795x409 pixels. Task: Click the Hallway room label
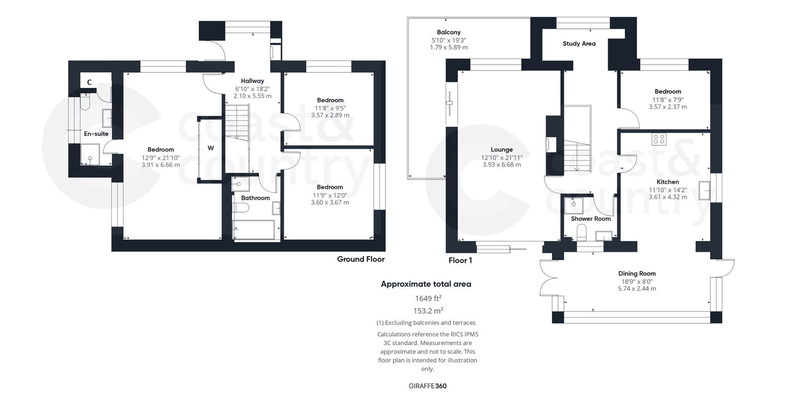(x=252, y=81)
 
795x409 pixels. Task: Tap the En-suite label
(x=96, y=134)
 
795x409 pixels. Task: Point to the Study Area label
(x=579, y=44)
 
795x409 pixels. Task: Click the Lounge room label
(x=501, y=150)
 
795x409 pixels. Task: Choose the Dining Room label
(x=637, y=273)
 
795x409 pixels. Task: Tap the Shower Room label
(x=591, y=219)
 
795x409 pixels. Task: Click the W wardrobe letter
(x=211, y=148)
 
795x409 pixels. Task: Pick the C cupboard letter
(x=89, y=82)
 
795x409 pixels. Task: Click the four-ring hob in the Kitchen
(x=659, y=139)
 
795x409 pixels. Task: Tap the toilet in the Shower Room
(x=581, y=231)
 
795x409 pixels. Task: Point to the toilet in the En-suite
(x=84, y=103)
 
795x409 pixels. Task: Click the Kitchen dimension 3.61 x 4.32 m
(x=668, y=197)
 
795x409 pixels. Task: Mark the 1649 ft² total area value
(x=428, y=299)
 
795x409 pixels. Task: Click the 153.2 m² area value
(x=428, y=311)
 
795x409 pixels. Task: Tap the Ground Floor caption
(x=361, y=259)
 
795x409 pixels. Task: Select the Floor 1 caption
(x=460, y=260)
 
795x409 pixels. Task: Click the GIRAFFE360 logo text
(x=424, y=386)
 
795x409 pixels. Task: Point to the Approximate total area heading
(x=426, y=284)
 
